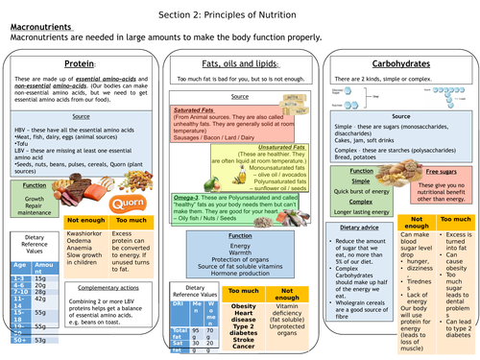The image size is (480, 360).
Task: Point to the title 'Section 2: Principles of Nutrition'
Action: pos(240,9)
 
